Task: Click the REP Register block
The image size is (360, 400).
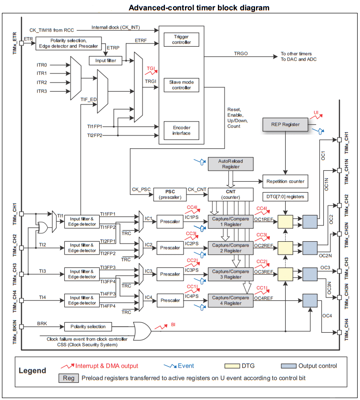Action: (x=285, y=124)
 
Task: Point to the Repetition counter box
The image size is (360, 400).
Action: (x=285, y=182)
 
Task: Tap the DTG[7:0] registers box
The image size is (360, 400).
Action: (x=285, y=196)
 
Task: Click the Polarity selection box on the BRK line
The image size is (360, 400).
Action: (x=89, y=327)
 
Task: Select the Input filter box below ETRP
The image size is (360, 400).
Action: (x=105, y=61)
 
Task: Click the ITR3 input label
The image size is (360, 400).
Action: (x=41, y=91)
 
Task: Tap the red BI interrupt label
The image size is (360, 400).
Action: (x=174, y=325)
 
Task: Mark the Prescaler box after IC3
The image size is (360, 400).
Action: (x=170, y=274)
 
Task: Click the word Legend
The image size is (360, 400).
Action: (x=32, y=370)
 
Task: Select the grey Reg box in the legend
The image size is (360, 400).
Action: (x=66, y=379)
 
